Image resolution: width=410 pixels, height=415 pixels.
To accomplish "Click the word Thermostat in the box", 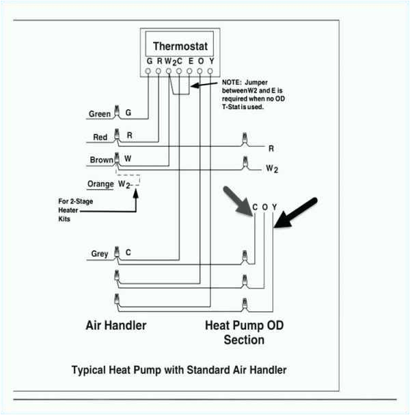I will click(x=180, y=46).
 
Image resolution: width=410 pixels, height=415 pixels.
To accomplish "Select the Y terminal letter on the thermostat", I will click(x=211, y=61).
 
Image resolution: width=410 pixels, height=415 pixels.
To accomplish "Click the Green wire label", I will click(x=99, y=114).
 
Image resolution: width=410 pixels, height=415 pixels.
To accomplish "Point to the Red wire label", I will click(x=100, y=137).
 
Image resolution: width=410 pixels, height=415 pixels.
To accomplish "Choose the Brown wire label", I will click(x=101, y=160).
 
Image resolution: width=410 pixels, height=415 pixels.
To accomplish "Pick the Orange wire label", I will click(x=100, y=184).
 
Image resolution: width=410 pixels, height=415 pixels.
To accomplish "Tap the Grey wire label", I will click(x=100, y=254).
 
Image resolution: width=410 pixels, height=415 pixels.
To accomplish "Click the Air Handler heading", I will click(x=115, y=326).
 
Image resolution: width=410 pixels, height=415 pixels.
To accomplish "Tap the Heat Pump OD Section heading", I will click(x=245, y=332).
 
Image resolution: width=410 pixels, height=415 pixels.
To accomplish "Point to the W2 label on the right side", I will click(x=272, y=169).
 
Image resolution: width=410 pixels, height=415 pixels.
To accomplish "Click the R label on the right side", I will click(x=271, y=148).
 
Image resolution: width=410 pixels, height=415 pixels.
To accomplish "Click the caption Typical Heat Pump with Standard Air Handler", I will click(x=179, y=370).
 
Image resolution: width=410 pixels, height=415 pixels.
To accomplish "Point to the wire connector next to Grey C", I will click(x=117, y=253).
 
